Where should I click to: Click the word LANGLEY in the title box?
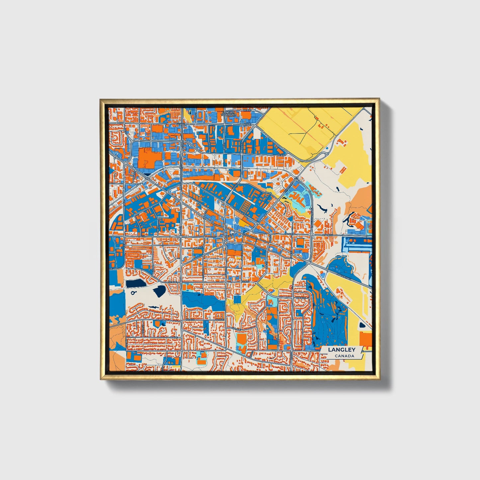pyautogui.click(x=341, y=350)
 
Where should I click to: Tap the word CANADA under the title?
pyautogui.click(x=344, y=356)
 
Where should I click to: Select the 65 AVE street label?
pyautogui.click(x=246, y=110)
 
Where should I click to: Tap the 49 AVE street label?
pyautogui.click(x=219, y=320)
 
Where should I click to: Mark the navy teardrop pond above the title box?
pyautogui.click(x=362, y=326)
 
